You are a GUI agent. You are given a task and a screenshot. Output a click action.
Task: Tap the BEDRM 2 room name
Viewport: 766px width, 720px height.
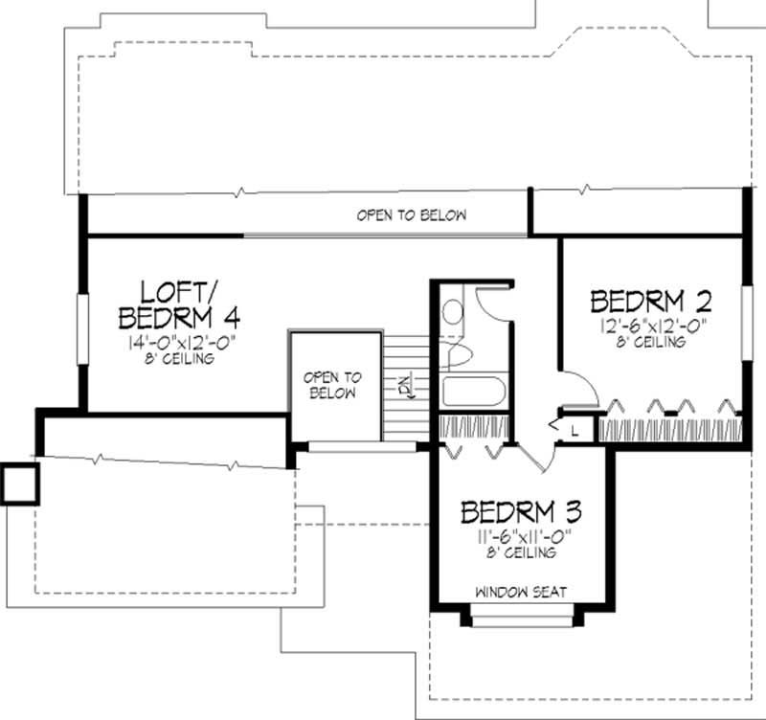click(x=651, y=302)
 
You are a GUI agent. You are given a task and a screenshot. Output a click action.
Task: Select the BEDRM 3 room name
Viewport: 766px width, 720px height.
click(x=522, y=512)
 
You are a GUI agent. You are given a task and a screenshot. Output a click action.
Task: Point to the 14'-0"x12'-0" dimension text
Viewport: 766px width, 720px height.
click(x=178, y=343)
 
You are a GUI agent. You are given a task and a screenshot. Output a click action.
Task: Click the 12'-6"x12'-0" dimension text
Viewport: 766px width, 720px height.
click(x=651, y=326)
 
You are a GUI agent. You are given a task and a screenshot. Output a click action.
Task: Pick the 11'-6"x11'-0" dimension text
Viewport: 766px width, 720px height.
click(x=522, y=537)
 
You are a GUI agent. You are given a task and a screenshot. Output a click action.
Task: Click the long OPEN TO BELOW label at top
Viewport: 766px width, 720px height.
click(x=412, y=215)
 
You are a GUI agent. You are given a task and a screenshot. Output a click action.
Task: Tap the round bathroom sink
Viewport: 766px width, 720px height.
click(x=453, y=311)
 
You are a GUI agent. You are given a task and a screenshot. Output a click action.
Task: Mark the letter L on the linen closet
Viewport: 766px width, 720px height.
click(x=574, y=432)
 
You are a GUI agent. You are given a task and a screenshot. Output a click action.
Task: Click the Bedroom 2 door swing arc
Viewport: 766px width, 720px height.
click(x=584, y=388)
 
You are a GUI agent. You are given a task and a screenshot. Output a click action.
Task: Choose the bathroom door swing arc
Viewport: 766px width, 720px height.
click(x=492, y=302)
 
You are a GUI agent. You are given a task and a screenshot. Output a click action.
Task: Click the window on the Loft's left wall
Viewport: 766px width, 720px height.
click(x=82, y=326)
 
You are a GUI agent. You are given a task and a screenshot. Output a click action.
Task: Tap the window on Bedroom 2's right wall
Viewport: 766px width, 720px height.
click(x=743, y=315)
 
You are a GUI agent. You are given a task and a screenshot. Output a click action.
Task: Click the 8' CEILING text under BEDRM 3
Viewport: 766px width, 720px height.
click(x=522, y=554)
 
